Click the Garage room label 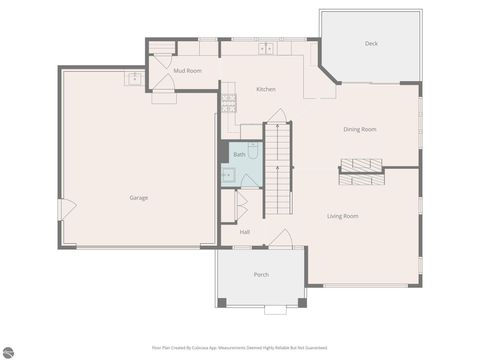[x=138, y=197]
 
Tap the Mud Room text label [x=187, y=71]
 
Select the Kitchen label [x=265, y=90]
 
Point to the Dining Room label [x=359, y=129]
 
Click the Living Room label [x=342, y=216]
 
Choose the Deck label [x=371, y=44]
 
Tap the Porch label [x=261, y=274]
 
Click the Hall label [x=244, y=232]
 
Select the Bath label [x=239, y=155]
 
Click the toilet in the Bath [x=253, y=148]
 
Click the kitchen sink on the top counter [x=266, y=48]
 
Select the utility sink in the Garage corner [x=133, y=79]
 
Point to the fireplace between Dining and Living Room [x=360, y=164]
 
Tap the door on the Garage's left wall [x=66, y=210]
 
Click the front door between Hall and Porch [x=281, y=240]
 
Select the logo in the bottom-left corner [x=9, y=351]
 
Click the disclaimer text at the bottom [x=239, y=348]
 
